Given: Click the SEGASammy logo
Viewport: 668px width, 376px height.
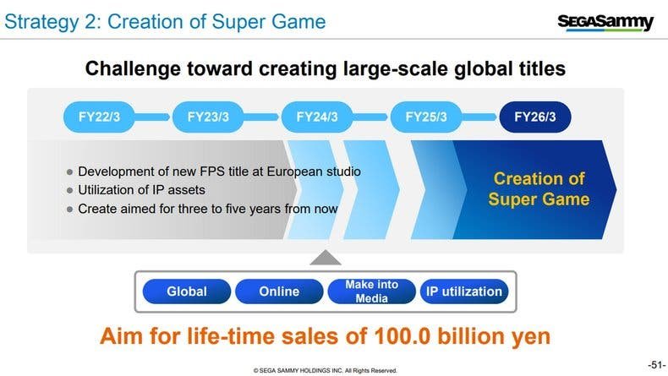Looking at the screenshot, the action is [605, 22].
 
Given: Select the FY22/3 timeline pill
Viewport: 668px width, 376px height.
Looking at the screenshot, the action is [99, 117].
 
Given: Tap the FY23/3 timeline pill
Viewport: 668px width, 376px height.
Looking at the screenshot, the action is [208, 117].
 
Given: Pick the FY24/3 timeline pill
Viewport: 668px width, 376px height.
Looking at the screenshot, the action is [317, 117].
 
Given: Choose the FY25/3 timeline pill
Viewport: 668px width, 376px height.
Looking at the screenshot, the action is [426, 117].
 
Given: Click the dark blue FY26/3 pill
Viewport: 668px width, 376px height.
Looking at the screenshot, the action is [535, 117].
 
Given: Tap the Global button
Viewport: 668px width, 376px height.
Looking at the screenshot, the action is [187, 292].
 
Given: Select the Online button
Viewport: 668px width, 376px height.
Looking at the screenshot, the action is [279, 292].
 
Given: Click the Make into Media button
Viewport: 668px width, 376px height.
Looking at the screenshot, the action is [371, 292].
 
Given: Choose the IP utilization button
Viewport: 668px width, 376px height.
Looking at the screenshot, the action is [464, 292].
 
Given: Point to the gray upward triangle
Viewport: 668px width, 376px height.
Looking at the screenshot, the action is [326, 259].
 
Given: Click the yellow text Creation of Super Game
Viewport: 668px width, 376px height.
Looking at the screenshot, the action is [539, 188].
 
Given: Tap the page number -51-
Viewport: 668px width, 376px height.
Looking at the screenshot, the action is [656, 365].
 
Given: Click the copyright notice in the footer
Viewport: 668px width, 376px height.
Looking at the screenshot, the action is [325, 370].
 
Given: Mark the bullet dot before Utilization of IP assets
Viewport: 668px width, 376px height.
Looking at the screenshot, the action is [70, 191].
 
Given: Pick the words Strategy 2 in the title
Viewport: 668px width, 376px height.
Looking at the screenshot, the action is [52, 22].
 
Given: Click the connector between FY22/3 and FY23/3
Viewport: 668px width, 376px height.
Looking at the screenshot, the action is [153, 117].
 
